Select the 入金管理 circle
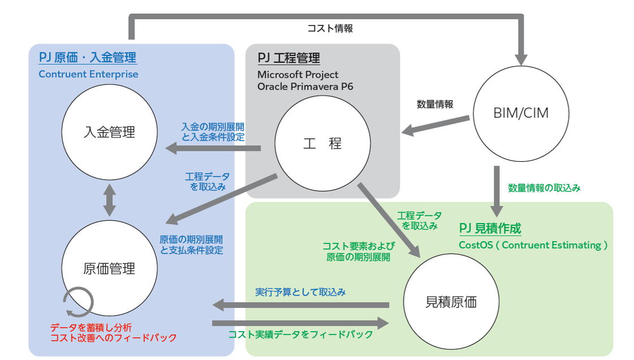(109, 132)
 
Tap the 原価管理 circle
(109, 268)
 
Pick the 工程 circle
(322, 144)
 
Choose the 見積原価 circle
(451, 302)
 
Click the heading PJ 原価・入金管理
(88, 58)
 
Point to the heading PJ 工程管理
(289, 58)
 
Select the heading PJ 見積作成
(490, 229)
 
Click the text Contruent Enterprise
(88, 74)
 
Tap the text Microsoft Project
(298, 74)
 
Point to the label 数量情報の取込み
(544, 187)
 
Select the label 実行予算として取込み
(300, 293)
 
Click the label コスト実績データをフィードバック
(301, 335)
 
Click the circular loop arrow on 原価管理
(75, 302)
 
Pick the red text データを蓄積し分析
(91, 327)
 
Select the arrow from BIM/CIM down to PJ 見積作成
(496, 190)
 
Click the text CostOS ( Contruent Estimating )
(533, 245)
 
